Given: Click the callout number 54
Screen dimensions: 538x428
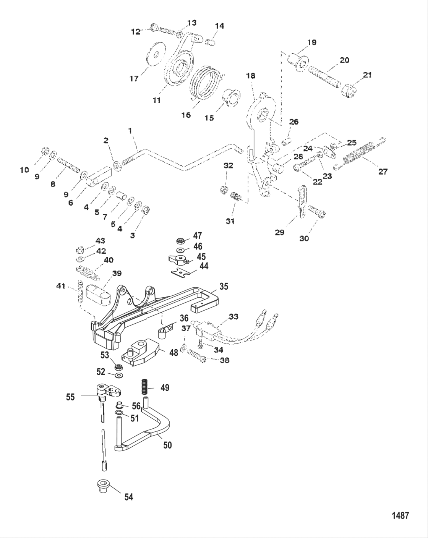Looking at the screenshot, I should [129, 497].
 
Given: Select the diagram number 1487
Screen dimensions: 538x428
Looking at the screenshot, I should [400, 515].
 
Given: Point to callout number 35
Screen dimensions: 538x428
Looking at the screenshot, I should [224, 286].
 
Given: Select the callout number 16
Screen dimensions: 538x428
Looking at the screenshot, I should [186, 115].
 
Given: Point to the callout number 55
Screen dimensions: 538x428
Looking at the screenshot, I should [70, 397].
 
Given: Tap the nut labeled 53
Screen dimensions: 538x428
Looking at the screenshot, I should [119, 368].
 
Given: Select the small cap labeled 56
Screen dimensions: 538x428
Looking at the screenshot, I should [119, 405].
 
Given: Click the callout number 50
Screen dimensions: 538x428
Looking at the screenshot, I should [167, 445].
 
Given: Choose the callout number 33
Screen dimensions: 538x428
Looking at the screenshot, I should [233, 317].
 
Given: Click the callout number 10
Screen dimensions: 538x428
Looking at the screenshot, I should [24, 170].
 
